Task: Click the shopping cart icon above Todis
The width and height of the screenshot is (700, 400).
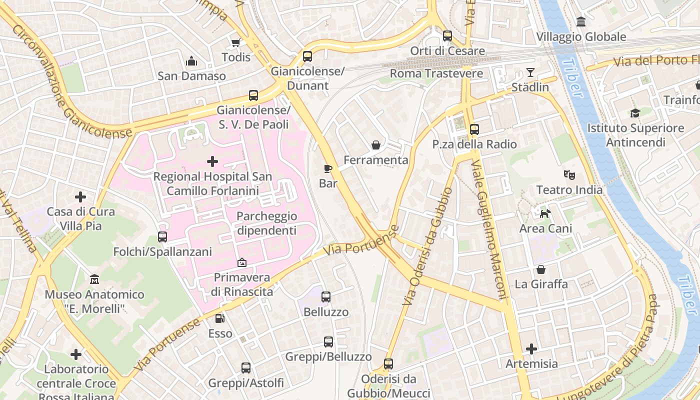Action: click(x=235, y=42)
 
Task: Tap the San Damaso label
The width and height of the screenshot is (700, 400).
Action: click(x=191, y=76)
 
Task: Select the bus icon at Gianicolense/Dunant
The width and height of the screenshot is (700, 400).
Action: click(x=307, y=56)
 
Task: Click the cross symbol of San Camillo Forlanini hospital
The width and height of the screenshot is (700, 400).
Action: click(x=212, y=161)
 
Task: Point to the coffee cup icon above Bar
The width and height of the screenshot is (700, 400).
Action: click(x=328, y=168)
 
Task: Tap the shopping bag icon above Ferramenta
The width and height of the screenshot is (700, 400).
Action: click(x=375, y=145)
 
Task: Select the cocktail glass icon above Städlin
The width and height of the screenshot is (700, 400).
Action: click(x=530, y=72)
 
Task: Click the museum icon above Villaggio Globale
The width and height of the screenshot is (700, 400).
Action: click(x=581, y=22)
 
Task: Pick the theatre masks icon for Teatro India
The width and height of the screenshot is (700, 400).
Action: click(x=569, y=175)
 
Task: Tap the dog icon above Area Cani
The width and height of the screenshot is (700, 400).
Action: click(x=545, y=213)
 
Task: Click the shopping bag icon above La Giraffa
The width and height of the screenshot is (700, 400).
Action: click(x=541, y=269)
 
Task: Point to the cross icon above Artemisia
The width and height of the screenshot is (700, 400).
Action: click(x=531, y=348)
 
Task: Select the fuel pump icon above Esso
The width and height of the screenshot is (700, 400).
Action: click(x=219, y=318)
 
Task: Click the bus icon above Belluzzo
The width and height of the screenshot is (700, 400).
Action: click(x=326, y=297)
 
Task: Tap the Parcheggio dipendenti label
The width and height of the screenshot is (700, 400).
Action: click(x=266, y=223)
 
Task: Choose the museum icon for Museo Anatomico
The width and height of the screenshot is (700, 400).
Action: click(x=94, y=279)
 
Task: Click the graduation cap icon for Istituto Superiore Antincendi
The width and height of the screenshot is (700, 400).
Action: click(x=635, y=113)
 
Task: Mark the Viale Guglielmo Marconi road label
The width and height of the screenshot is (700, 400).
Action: click(x=489, y=230)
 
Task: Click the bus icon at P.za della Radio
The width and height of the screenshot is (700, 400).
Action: click(x=474, y=129)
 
